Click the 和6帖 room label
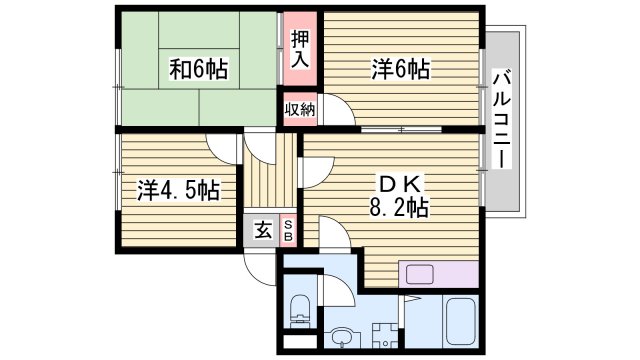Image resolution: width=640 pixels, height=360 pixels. click(198, 69)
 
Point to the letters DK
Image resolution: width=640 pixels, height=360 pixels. click(402, 184)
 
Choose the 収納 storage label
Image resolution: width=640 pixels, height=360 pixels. click(299, 109)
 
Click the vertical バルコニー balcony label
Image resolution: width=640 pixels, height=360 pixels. click(503, 120)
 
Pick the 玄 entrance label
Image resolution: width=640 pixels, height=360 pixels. click(261, 230)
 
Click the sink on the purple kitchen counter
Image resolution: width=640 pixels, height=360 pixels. click(417, 274)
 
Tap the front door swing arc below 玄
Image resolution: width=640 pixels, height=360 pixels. click(258, 268)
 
